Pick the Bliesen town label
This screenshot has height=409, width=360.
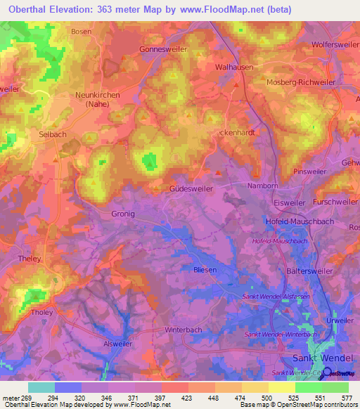tap(205, 269)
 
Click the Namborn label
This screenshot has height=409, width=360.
tap(264, 186)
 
